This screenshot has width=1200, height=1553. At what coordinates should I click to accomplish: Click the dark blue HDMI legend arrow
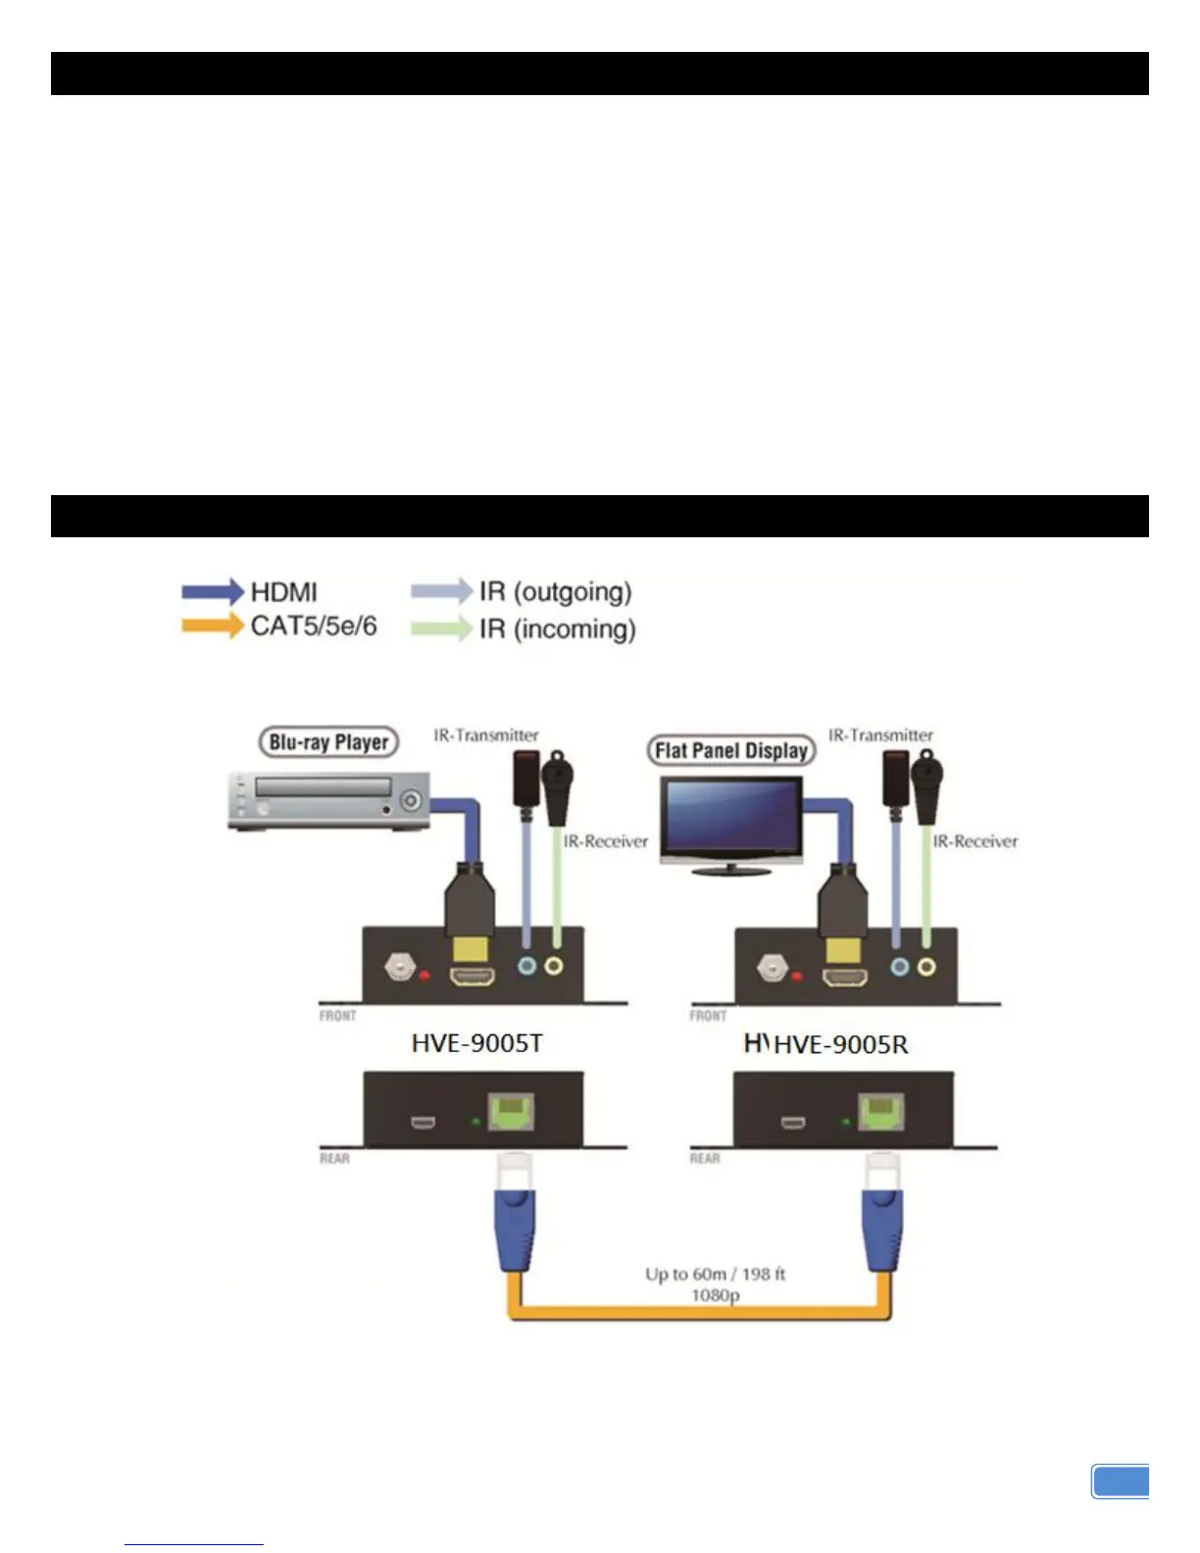click(x=212, y=591)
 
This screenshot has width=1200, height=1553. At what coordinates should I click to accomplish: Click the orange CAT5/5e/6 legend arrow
click(x=212, y=626)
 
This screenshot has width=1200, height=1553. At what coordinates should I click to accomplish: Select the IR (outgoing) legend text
click(x=555, y=591)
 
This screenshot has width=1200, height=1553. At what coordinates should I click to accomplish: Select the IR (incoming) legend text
click(x=557, y=628)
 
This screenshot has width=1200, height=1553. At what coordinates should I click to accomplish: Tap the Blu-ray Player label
click(x=328, y=742)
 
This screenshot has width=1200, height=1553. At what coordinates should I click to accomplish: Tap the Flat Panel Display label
click(x=730, y=751)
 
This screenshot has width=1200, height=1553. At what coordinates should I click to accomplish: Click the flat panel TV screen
click(x=730, y=818)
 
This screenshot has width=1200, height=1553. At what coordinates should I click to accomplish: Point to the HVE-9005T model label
click(x=476, y=1043)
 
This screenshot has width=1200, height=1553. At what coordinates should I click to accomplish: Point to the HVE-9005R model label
click(x=840, y=1045)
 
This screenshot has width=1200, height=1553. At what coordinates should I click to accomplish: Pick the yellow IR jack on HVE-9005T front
click(x=554, y=968)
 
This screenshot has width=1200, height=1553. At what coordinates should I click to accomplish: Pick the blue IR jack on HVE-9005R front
click(x=899, y=968)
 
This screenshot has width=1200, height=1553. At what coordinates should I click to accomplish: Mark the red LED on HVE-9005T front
click(x=425, y=976)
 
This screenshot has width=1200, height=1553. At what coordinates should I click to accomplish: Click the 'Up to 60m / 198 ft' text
click(x=715, y=1275)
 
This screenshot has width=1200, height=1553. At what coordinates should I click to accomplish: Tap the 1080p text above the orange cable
click(x=715, y=1296)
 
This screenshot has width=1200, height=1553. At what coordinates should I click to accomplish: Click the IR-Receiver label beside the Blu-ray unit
click(x=605, y=841)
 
